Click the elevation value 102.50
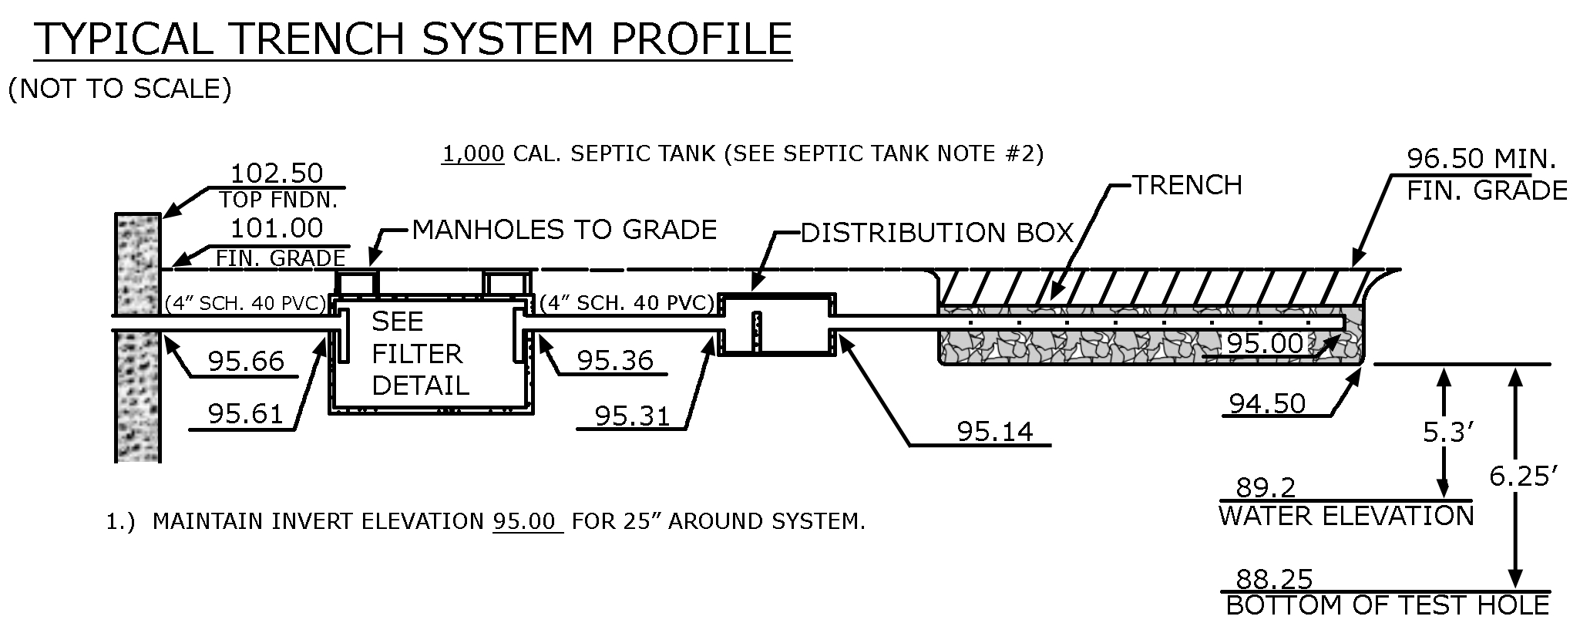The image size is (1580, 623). [277, 173]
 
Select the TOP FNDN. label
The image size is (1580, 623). [278, 200]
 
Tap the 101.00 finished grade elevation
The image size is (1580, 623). [277, 228]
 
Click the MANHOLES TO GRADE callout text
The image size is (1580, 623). [564, 230]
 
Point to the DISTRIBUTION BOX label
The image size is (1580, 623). [936, 233]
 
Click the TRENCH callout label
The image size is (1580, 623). [1187, 186]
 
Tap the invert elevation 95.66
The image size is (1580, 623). [246, 361]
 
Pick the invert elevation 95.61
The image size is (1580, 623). [246, 415]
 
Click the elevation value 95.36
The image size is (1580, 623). [615, 360]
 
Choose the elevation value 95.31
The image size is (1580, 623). [632, 416]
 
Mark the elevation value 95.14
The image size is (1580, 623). [994, 432]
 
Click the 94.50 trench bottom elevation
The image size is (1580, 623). [1267, 403]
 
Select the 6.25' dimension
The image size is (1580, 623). [1518, 477]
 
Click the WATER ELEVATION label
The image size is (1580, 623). [1346, 516]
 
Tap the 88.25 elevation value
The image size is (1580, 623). [1274, 579]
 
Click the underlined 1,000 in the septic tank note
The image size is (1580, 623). [473, 154]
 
